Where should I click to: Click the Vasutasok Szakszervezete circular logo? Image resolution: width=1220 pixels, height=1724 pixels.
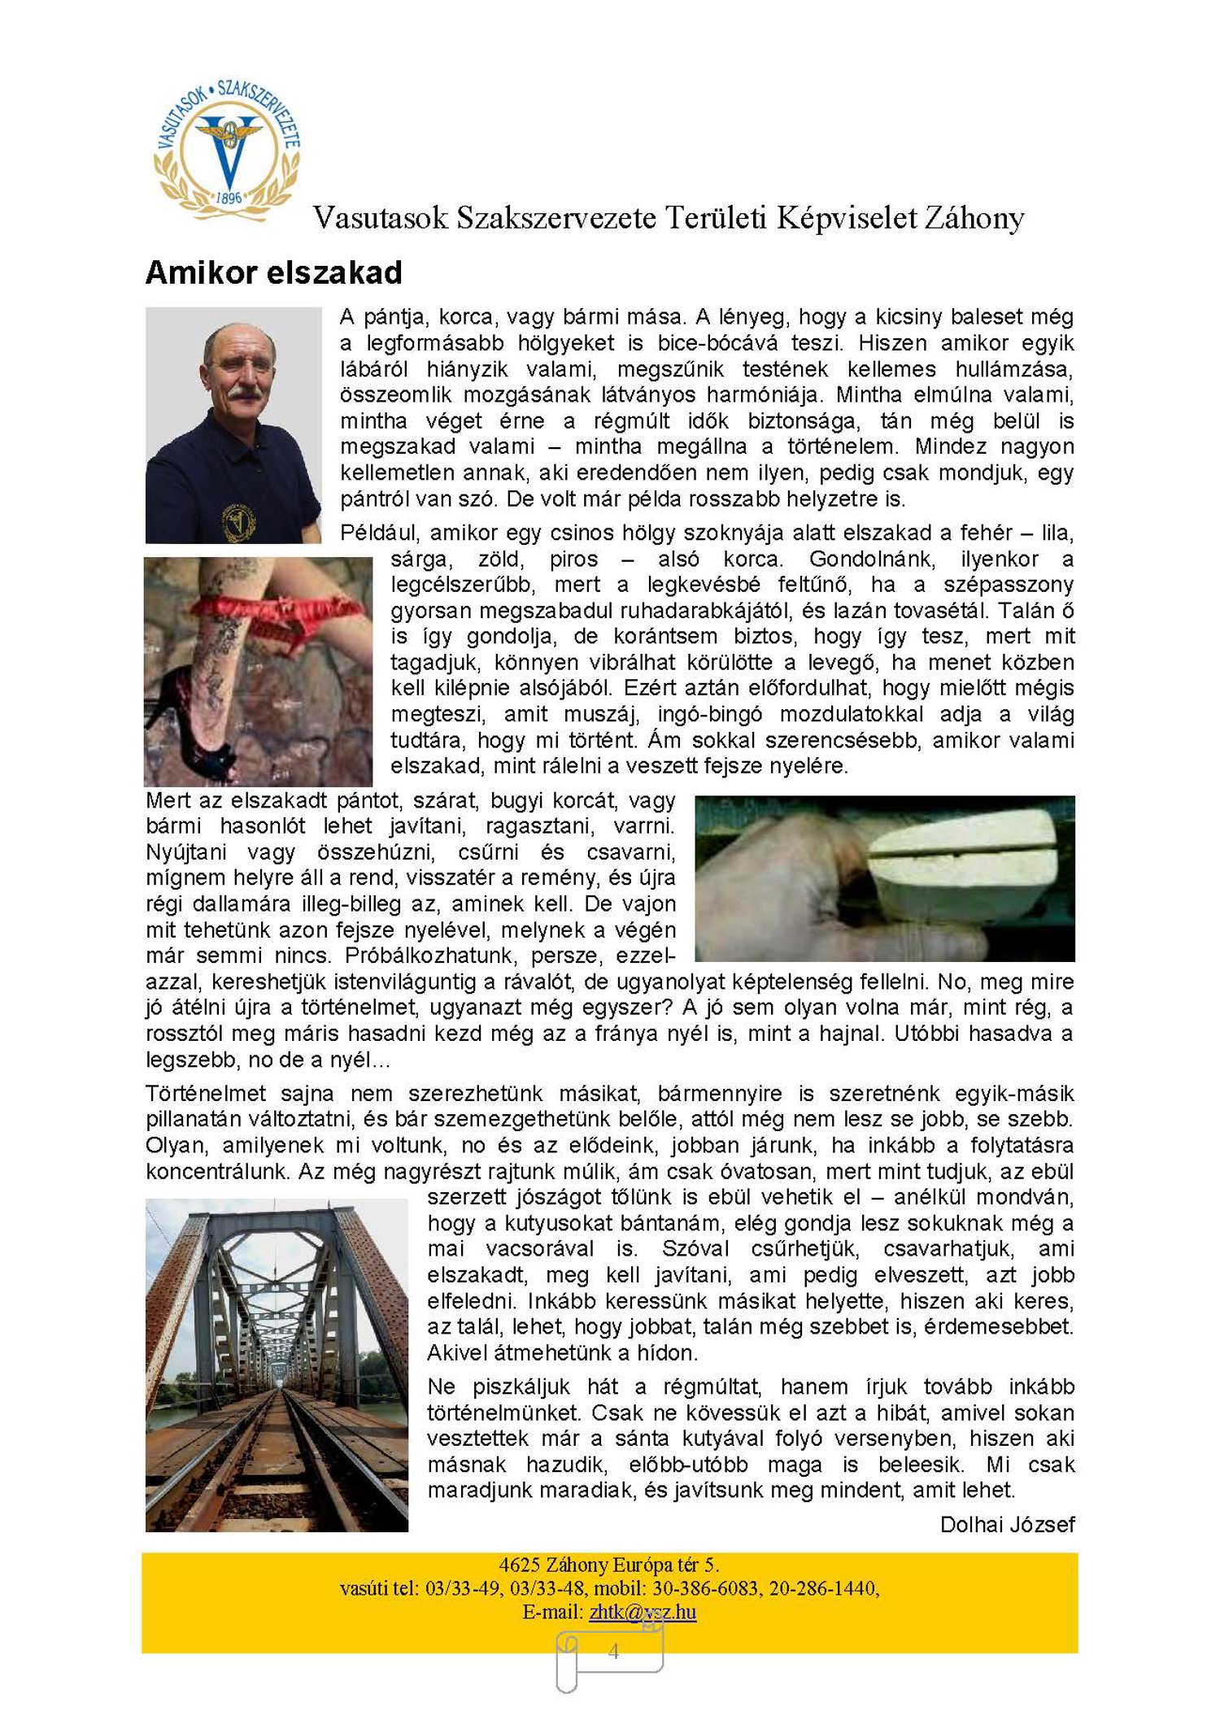228,150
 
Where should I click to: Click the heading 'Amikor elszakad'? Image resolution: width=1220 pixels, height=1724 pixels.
273,273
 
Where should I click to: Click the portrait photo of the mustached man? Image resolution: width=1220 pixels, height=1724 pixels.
233,424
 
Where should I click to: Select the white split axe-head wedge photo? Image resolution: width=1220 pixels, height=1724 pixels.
885,877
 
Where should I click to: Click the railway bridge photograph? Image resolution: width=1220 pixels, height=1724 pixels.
277,1365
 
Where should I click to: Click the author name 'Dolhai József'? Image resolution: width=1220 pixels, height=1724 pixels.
1007,1524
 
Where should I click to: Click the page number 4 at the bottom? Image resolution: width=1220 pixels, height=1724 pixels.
613,1650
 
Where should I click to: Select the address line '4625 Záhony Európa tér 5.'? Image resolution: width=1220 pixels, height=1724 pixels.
608,1565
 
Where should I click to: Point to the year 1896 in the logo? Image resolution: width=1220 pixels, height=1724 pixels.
229,198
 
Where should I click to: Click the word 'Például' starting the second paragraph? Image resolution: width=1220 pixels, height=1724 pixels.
380,533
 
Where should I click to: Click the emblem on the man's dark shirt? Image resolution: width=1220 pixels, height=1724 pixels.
237,522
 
